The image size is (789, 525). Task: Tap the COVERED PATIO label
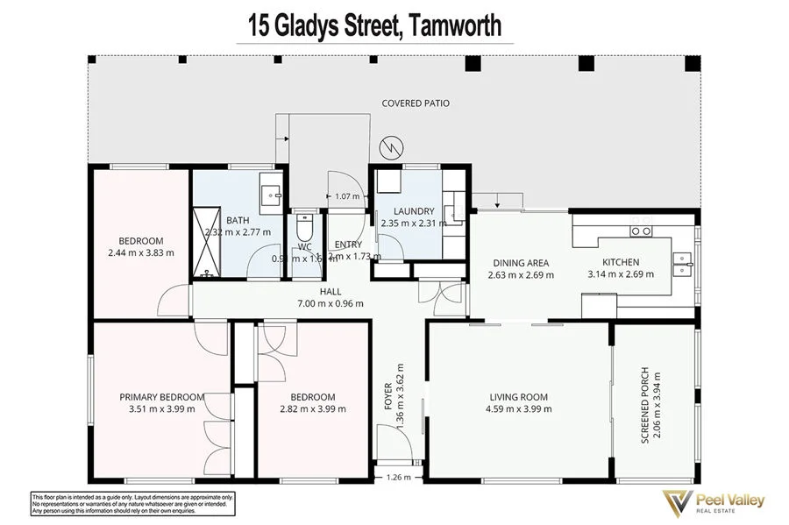click(x=416, y=103)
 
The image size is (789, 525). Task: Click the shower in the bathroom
click(x=208, y=241)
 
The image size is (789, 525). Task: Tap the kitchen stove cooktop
click(x=641, y=231)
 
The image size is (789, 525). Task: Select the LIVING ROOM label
click(x=518, y=397)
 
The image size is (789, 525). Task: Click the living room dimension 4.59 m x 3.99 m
click(x=518, y=408)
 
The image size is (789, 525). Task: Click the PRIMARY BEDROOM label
click(x=161, y=397)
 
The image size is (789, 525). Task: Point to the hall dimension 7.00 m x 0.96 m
click(x=329, y=303)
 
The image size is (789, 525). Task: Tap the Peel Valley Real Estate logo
click(x=712, y=502)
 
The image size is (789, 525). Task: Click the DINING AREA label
click(x=521, y=262)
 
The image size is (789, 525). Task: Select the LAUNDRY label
click(x=414, y=211)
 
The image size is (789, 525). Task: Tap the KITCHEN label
click(x=620, y=262)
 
